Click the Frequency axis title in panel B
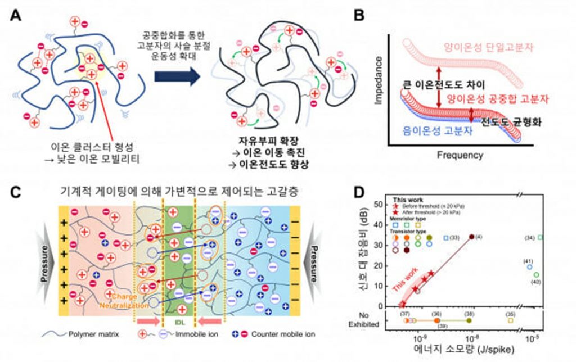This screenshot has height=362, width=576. coord(461,154)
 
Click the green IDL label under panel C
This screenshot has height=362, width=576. coord(177,323)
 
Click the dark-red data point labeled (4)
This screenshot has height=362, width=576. coord(471,237)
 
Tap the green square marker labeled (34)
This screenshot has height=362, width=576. coord(541,237)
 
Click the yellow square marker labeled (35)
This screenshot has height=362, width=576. coord(511,320)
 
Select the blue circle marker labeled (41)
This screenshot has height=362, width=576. coord(529,267)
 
